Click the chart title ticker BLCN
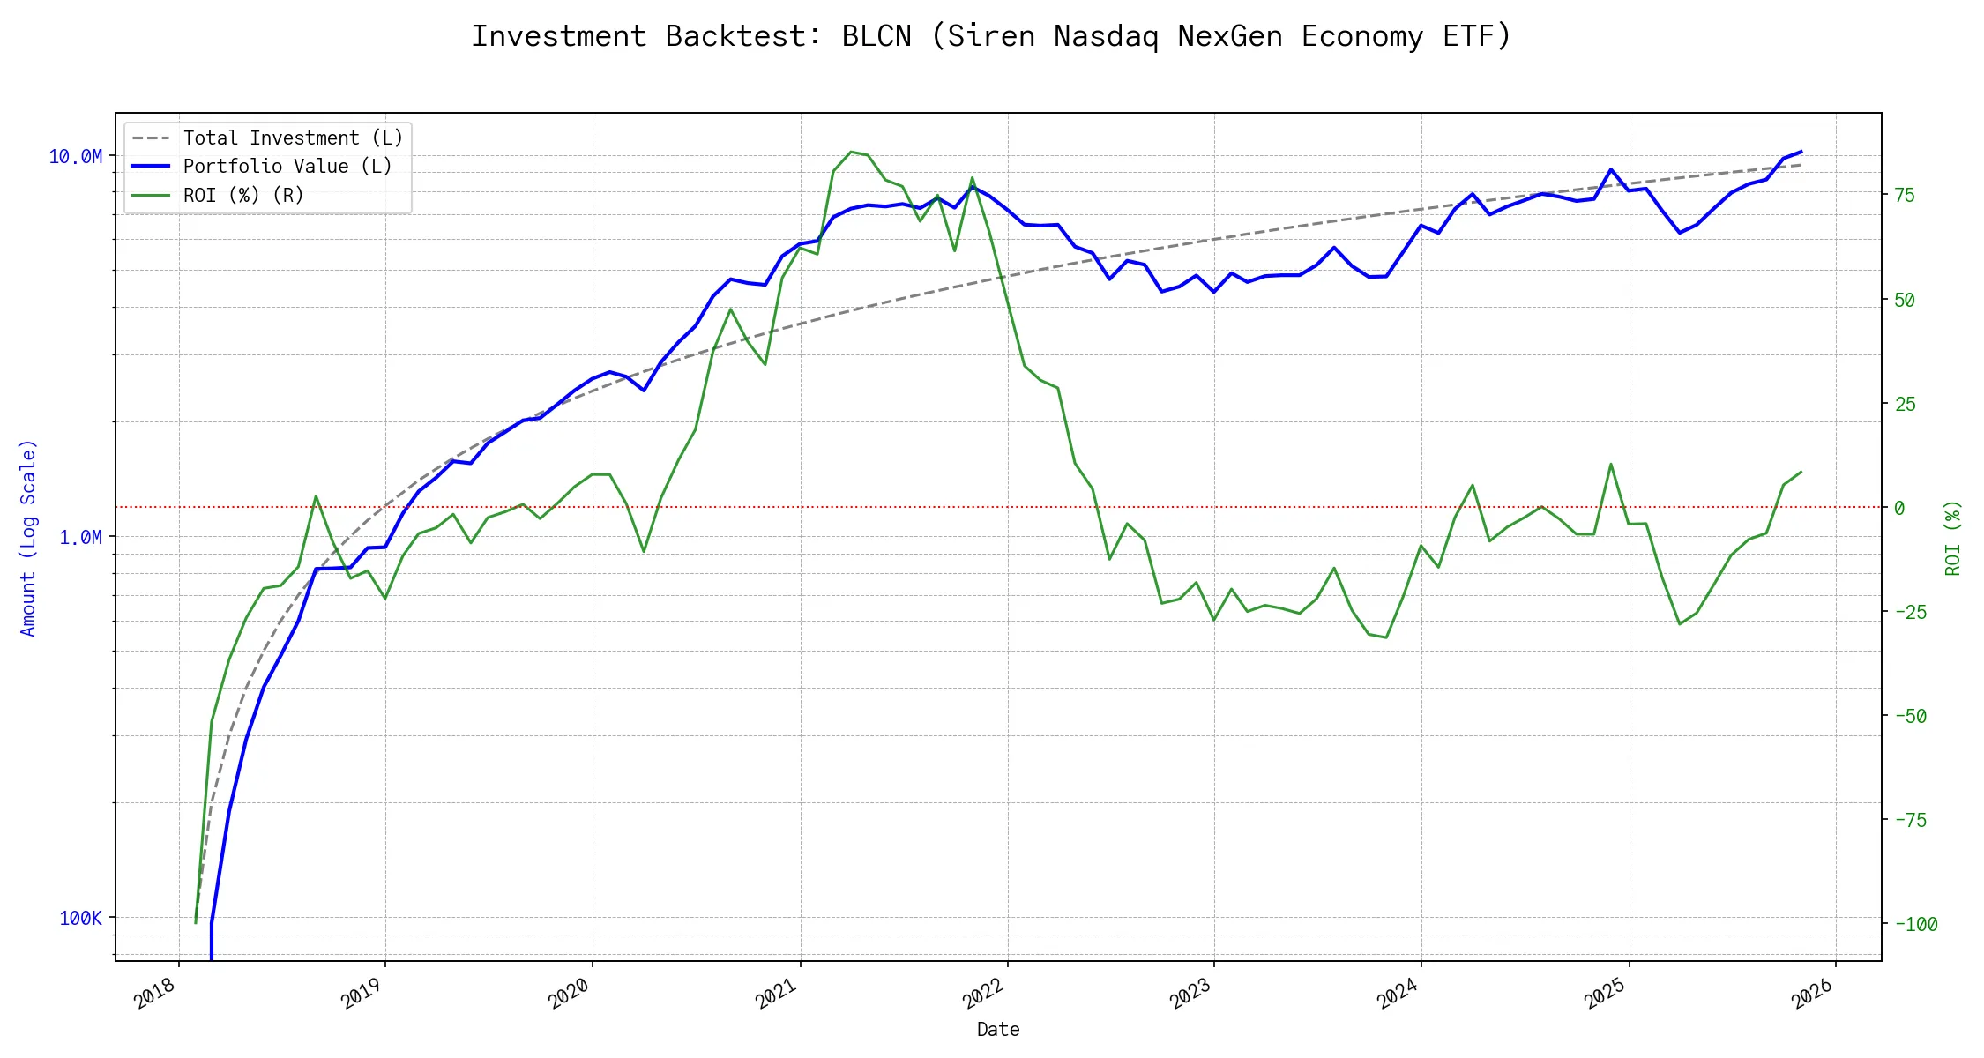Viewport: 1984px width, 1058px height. click(876, 36)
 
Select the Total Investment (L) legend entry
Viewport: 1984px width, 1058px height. click(292, 138)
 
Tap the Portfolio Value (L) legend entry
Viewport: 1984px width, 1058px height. click(287, 167)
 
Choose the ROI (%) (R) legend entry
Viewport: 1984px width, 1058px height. click(242, 195)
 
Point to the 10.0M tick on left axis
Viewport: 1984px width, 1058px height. click(75, 157)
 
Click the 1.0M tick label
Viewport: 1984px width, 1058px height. click(80, 538)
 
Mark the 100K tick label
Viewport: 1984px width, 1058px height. click(80, 919)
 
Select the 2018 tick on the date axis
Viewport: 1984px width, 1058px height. click(155, 995)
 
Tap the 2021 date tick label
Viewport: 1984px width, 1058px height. click(777, 995)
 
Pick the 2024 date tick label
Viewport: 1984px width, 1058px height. click(1398, 995)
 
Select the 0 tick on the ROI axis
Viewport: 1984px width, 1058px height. click(1899, 508)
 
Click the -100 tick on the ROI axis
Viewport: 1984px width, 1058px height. click(1916, 925)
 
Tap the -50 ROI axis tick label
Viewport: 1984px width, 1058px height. click(1911, 716)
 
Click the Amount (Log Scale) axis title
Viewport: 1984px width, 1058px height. click(28, 538)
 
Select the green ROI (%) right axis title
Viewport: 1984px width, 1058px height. click(1953, 538)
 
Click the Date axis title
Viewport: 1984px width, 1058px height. click(998, 1030)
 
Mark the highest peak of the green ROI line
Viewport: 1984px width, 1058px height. click(851, 152)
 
